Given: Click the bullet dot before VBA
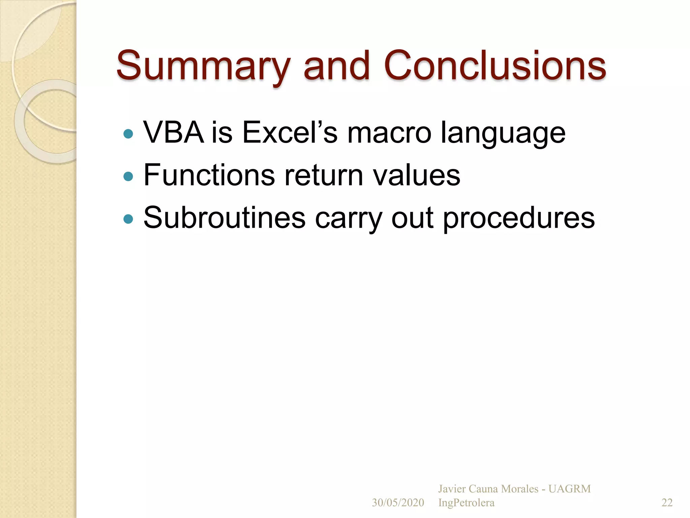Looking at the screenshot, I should click(x=128, y=134).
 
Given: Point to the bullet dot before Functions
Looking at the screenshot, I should click(x=128, y=176).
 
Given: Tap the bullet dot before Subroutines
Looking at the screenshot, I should click(x=128, y=219).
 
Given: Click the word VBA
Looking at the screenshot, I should click(x=174, y=133).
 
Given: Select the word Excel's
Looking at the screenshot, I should click(x=289, y=133).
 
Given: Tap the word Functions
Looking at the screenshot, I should click(x=209, y=175).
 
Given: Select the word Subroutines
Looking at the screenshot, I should click(x=224, y=218).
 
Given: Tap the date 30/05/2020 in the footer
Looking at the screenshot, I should click(x=398, y=502).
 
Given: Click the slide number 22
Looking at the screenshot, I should click(x=667, y=502).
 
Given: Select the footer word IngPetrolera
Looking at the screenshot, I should click(x=466, y=502).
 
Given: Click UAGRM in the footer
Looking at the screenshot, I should click(x=569, y=489).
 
